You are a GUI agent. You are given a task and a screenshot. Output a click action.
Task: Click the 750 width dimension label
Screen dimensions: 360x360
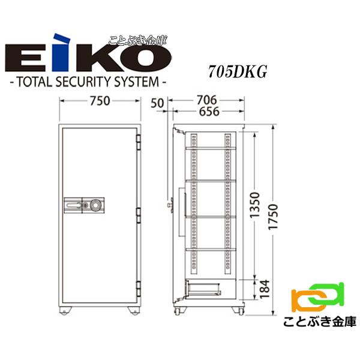pos(100,101)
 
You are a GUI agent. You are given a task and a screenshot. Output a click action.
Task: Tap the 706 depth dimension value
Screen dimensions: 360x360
pos(206,100)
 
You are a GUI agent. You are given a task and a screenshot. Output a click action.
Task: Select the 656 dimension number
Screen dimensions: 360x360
pos(209,112)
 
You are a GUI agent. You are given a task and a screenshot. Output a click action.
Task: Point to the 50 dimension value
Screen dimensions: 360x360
pos(157,103)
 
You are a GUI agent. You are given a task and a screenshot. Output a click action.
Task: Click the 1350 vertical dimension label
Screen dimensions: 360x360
pos(254,205)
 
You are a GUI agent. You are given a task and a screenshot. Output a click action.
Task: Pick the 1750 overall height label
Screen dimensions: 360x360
pos(273,217)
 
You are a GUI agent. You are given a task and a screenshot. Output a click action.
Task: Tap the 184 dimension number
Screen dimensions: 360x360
pos(264,289)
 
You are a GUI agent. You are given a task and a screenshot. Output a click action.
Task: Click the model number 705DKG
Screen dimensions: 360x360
pos(238,72)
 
